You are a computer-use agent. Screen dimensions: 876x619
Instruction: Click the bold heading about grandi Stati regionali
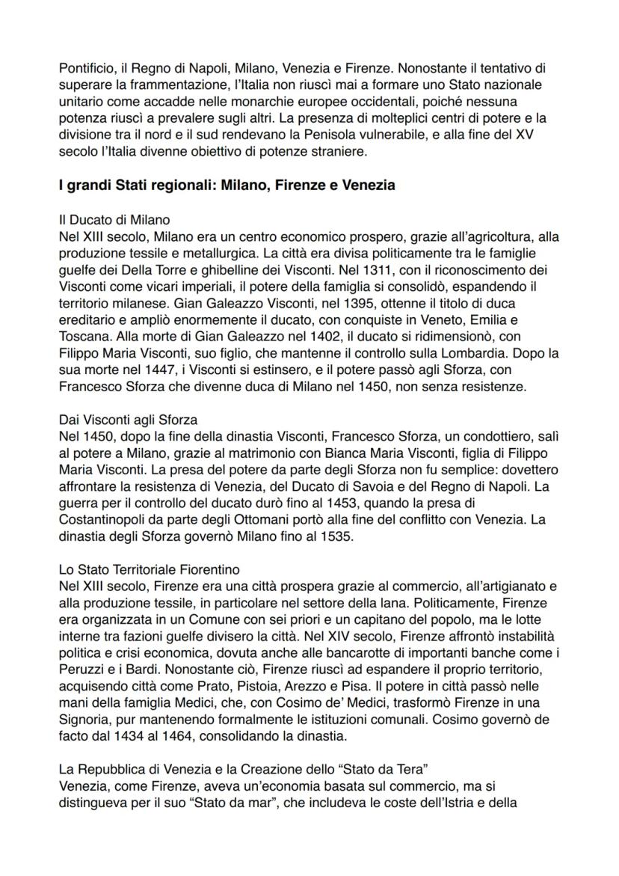pyautogui.click(x=227, y=186)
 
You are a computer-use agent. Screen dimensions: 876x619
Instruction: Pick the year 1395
pyautogui.click(x=284, y=302)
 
